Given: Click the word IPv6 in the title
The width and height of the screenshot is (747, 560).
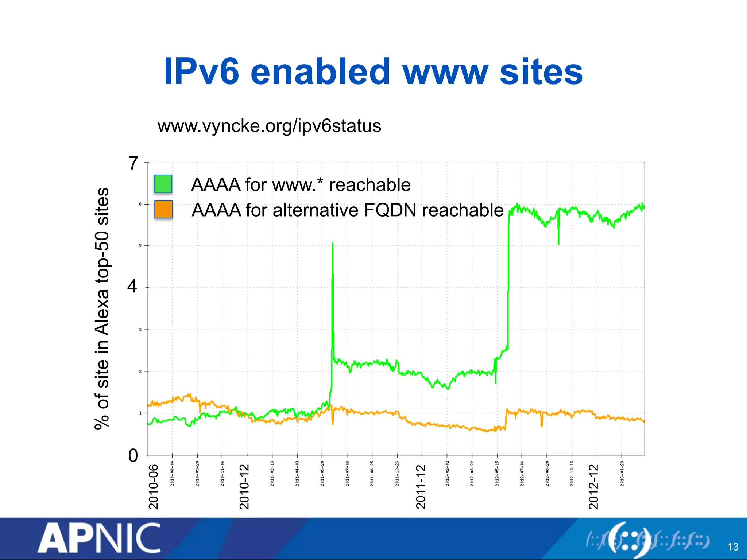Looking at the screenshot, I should point(201,72).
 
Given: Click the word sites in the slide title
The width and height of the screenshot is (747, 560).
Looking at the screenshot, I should point(541,72).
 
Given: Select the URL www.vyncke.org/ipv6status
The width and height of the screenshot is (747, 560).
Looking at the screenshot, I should point(269,126).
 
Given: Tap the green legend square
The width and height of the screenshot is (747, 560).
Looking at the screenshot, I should point(163,184).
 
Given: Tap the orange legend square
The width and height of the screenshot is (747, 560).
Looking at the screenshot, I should point(163,209).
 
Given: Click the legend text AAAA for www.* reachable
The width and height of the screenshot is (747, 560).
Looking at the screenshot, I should point(301,184).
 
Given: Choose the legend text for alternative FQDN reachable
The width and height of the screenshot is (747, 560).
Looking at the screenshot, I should point(348,210).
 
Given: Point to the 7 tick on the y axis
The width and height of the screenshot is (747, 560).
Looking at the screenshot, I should point(133,163).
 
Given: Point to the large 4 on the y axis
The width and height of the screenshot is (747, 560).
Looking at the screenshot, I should point(132,286).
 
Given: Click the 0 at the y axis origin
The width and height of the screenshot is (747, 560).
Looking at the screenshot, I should point(133,456).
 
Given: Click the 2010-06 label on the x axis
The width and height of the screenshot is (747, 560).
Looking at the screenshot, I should point(154,487).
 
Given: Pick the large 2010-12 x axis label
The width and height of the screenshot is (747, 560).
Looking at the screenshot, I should point(244,487).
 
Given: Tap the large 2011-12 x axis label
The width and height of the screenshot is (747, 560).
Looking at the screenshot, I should point(421,487).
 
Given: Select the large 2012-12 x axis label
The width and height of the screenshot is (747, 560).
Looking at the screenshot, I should point(593,487).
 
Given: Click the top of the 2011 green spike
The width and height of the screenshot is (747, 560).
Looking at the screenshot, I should point(333,243).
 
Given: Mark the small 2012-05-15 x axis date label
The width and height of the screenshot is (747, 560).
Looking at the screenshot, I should point(497,473).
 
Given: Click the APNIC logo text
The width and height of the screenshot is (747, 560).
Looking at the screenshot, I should point(99,538).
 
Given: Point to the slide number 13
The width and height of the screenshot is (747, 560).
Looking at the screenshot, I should point(733,547).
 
